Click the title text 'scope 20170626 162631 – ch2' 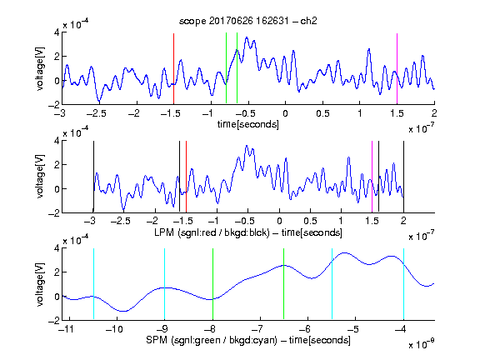pos(248,21)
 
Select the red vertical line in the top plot pos(173,68)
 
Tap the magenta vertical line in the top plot pos(397,68)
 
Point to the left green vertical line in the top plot pos(226,68)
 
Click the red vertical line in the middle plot pos(186,177)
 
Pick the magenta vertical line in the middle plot pos(372,177)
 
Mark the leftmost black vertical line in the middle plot pos(93,177)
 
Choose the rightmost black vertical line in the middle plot pos(403,177)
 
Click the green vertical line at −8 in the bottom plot pos(212,284)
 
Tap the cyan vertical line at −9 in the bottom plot pos(164,284)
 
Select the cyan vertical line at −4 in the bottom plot pos(403,284)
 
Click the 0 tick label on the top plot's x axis pos(285,113)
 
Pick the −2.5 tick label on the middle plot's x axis pos(120,221)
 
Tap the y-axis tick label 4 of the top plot pos(57,32)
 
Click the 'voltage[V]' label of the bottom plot pos(40,285)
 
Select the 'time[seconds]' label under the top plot pos(248,124)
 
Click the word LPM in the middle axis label pos(164,232)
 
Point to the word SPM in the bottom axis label pos(157,340)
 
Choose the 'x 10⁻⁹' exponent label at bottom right pos(422,344)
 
